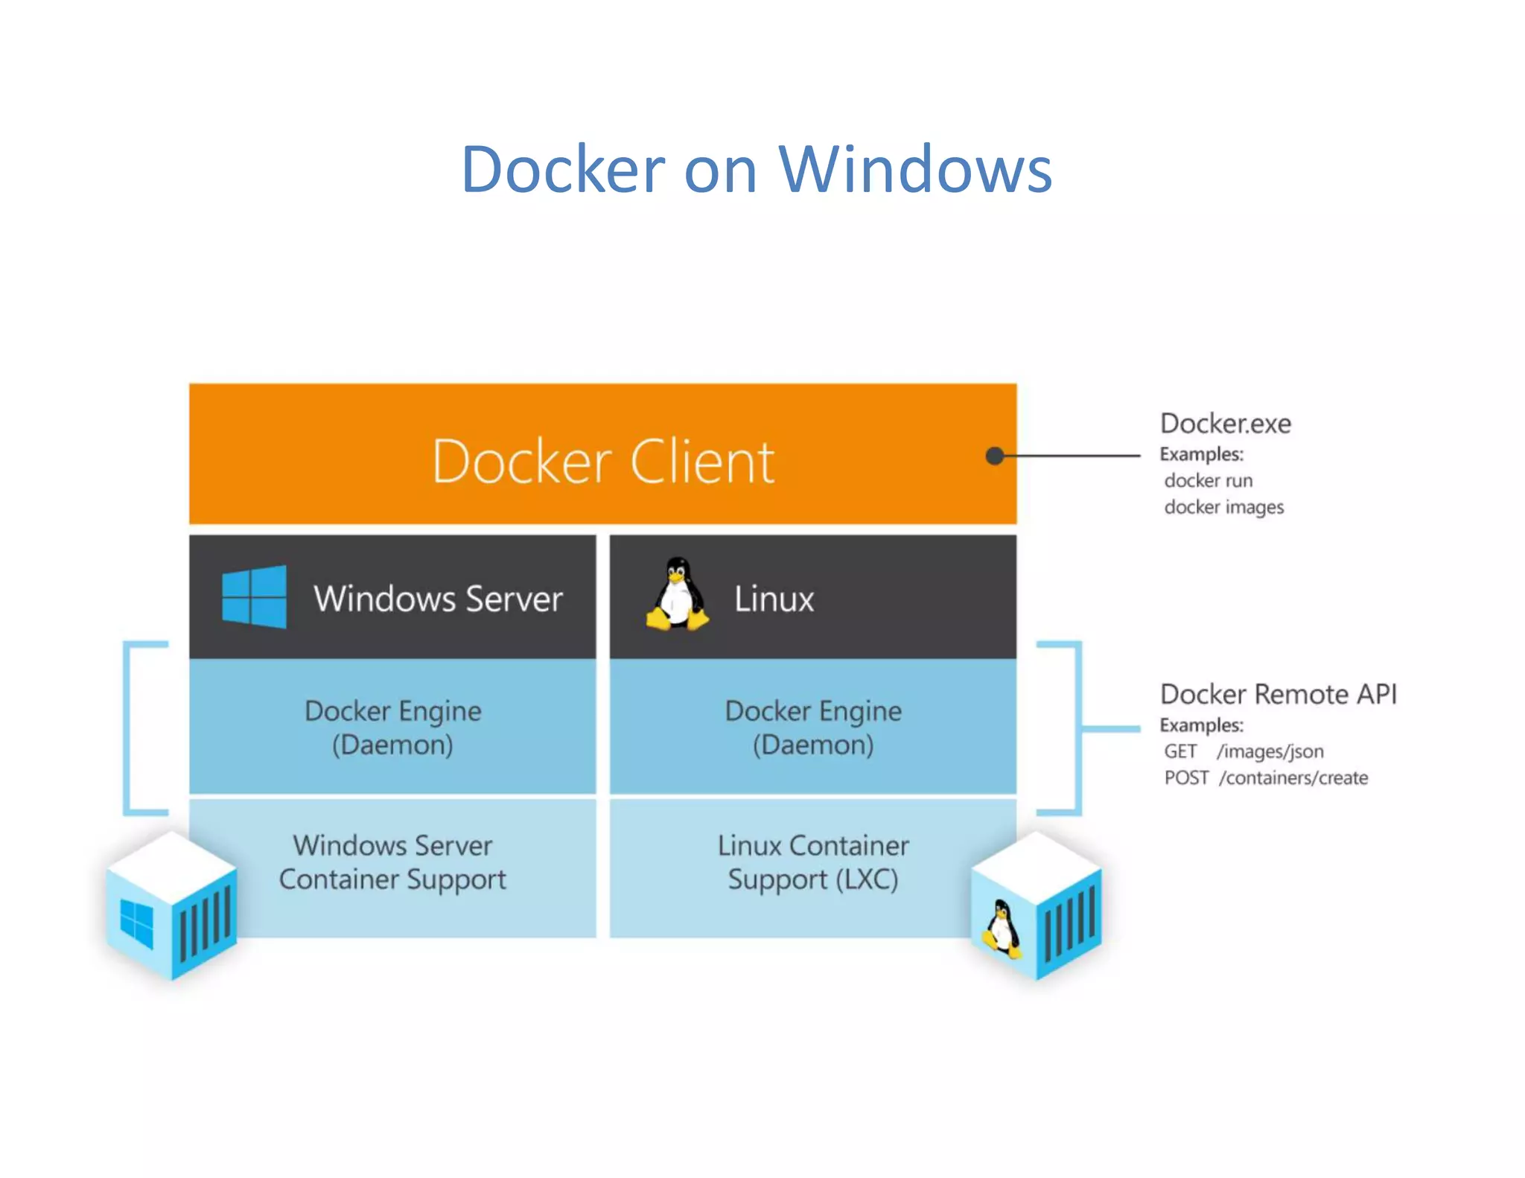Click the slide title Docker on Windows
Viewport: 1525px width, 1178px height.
pos(757,170)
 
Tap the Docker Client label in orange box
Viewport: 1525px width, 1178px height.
pos(603,462)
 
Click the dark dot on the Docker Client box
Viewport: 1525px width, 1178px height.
pos(994,456)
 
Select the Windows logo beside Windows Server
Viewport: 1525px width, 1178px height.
pos(254,597)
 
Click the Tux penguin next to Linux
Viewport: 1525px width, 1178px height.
pos(677,596)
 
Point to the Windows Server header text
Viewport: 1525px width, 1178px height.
pos(438,599)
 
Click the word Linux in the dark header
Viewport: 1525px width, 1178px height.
pos(774,599)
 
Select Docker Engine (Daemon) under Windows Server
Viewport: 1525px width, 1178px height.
pos(392,728)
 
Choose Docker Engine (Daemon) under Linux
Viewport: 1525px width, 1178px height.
pos(813,728)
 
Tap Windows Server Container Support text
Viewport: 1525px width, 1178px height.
pos(392,862)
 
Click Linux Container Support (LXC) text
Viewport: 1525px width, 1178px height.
pos(813,862)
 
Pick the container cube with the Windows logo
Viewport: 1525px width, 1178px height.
pos(172,907)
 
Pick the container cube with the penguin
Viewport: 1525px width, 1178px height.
pos(1036,907)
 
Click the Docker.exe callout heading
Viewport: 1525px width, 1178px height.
pos(1225,424)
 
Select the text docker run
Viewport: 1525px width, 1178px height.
pos(1208,480)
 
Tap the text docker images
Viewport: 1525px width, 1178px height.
pos(1223,507)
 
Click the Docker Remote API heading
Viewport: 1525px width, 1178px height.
pos(1278,694)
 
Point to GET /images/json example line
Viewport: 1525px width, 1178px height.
pos(1244,751)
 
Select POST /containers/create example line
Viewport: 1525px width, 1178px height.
pos(1265,778)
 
